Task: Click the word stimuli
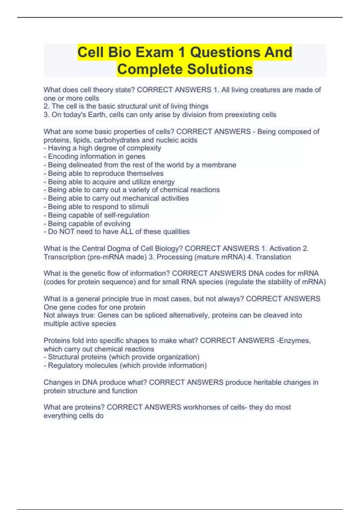click(139, 207)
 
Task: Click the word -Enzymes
click(293, 340)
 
